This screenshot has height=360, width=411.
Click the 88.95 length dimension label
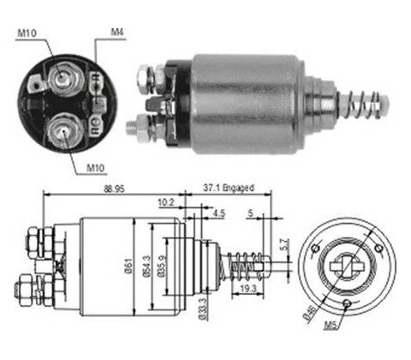click(114, 189)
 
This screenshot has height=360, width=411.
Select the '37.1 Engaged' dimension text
click(229, 188)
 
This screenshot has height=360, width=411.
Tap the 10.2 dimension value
click(166, 202)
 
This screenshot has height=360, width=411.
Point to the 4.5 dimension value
click(219, 213)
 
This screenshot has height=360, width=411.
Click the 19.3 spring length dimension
click(248, 289)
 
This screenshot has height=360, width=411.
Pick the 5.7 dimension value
click(284, 244)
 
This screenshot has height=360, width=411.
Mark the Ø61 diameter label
click(129, 266)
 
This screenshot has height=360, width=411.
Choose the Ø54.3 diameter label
click(146, 267)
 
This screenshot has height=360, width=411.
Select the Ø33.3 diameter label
click(202, 309)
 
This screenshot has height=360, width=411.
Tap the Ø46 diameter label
click(310, 314)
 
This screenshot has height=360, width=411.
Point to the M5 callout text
click(331, 326)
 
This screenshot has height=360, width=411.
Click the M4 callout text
click(117, 33)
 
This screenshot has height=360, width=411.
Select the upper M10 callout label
click(27, 33)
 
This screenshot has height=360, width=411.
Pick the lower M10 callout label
click(95, 168)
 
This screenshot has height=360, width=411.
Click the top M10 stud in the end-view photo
click(63, 78)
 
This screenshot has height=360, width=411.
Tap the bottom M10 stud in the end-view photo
click(64, 131)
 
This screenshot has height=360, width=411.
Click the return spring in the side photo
click(363, 105)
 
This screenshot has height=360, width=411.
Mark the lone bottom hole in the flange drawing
click(347, 303)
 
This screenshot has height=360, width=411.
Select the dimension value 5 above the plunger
click(250, 213)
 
